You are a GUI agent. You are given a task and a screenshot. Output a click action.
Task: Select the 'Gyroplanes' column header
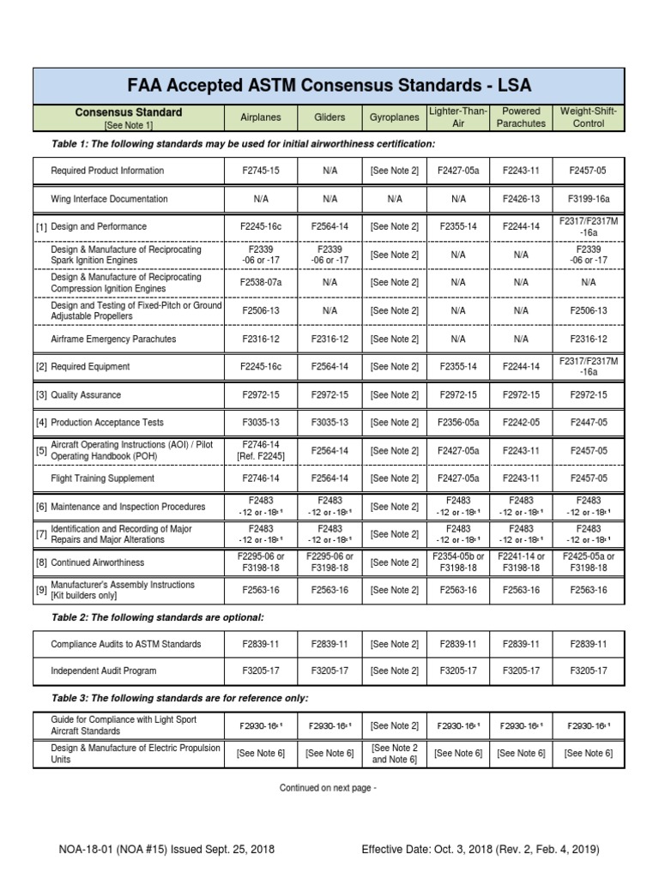[x=394, y=117]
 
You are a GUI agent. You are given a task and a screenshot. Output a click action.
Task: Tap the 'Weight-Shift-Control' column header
[x=588, y=117]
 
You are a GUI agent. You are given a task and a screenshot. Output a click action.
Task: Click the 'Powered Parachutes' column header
[x=522, y=117]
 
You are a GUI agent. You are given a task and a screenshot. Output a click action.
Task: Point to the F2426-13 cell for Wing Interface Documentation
[x=522, y=199]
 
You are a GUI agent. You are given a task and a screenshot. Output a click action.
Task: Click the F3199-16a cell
[x=588, y=199]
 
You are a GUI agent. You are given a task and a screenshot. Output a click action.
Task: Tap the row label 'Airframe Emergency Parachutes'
[x=113, y=339]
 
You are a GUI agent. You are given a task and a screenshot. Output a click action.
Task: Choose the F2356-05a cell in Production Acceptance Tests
[x=458, y=423]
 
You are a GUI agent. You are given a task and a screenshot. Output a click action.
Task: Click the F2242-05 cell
[x=522, y=423]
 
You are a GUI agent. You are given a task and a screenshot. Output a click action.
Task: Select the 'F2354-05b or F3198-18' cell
[x=458, y=562]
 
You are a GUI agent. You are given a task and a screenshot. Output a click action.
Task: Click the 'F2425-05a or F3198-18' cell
[x=588, y=562]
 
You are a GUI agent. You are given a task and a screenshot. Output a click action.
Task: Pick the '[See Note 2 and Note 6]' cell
[x=394, y=754]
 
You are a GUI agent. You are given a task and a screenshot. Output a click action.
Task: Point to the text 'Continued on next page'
[x=328, y=787]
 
